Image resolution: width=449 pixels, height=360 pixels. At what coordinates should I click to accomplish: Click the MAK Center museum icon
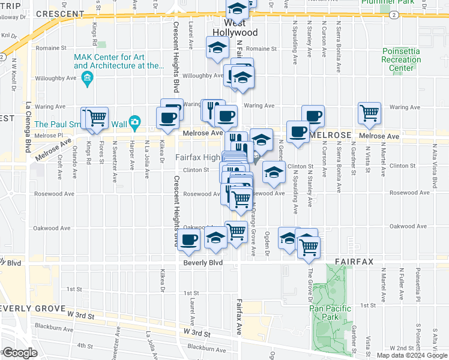coord(88,79)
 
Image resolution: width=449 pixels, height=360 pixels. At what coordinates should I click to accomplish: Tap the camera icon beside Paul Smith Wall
coord(134,122)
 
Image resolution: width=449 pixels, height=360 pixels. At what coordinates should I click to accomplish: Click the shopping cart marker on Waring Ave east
coord(369,112)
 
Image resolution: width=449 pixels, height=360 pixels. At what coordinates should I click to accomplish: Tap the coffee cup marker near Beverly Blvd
coord(188,240)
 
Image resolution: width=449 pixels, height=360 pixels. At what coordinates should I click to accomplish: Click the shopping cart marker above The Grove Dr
coord(309,246)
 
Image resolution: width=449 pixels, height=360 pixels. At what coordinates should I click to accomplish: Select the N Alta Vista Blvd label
coord(435,161)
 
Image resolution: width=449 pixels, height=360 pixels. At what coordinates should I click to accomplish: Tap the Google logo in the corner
coord(19,353)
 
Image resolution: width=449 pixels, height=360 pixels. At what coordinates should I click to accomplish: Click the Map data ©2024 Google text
coord(412,355)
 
